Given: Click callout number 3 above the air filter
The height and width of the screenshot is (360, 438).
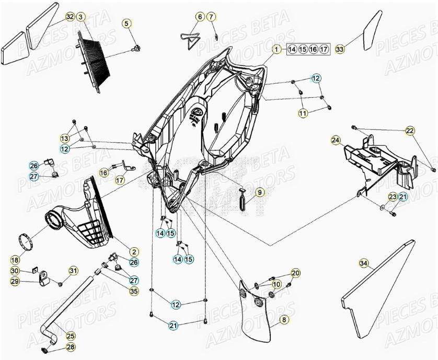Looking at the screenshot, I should [80, 17].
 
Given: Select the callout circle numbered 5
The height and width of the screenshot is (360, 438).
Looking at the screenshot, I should [126, 23].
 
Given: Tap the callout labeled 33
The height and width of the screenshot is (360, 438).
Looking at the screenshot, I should [340, 49].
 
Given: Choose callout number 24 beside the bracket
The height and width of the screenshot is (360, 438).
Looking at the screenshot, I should [336, 140].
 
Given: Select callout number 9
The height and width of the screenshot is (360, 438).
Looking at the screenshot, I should [260, 192].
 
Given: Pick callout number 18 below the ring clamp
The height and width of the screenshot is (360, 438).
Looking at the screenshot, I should [15, 259].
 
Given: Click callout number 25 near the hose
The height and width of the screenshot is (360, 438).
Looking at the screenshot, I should [71, 335].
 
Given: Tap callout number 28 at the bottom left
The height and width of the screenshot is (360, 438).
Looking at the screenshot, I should [71, 347].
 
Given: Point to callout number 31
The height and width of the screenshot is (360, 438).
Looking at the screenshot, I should [73, 270].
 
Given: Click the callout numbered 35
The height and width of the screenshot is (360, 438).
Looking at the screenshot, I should [134, 291].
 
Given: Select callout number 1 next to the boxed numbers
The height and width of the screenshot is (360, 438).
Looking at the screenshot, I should [275, 49].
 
